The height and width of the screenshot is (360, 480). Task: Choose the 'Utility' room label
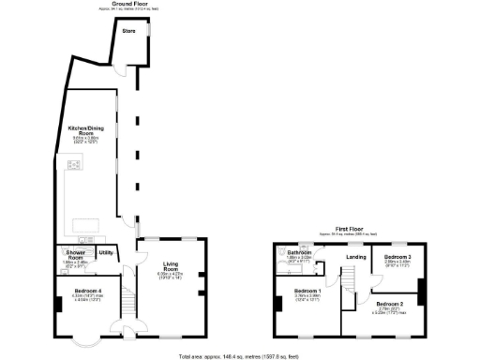click(105, 252)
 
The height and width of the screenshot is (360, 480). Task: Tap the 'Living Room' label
click(170, 265)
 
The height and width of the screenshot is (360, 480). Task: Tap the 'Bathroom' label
click(299, 252)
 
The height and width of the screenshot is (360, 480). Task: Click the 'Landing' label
click(355, 257)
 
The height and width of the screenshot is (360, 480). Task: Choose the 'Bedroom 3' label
click(397, 256)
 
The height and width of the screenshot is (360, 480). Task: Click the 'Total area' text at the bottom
click(240, 356)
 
